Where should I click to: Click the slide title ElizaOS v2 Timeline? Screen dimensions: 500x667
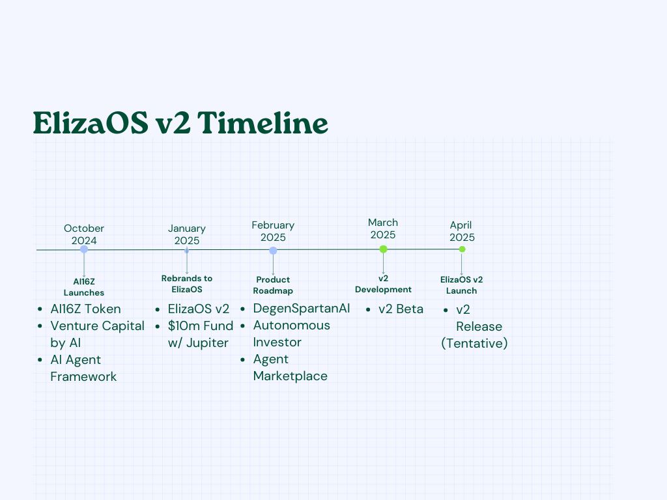tap(180, 123)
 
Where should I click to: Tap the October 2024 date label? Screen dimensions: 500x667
tap(84, 234)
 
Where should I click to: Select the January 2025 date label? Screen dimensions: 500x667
tap(187, 234)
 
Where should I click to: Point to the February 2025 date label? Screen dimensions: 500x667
tap(273, 231)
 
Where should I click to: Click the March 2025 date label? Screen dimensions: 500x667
tap(383, 229)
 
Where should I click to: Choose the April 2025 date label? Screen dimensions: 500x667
tap(462, 231)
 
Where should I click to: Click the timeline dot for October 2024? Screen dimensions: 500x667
tap(84, 249)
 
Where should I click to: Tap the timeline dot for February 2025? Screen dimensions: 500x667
tap(273, 250)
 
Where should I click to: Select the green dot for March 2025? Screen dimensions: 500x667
tap(383, 249)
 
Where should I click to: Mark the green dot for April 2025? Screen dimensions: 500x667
tap(462, 249)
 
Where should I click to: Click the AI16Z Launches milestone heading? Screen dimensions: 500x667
tap(84, 287)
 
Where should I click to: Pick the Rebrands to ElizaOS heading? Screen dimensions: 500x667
tap(187, 284)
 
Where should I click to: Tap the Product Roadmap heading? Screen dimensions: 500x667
tap(273, 285)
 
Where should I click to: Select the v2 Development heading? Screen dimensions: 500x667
tap(383, 284)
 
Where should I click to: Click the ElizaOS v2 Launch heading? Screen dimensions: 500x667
tap(462, 285)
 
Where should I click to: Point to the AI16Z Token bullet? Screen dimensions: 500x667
tap(85, 309)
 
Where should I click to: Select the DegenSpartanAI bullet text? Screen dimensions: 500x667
tap(302, 309)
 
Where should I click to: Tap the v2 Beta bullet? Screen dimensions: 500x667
tap(401, 309)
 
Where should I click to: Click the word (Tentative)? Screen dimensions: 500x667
tap(474, 343)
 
